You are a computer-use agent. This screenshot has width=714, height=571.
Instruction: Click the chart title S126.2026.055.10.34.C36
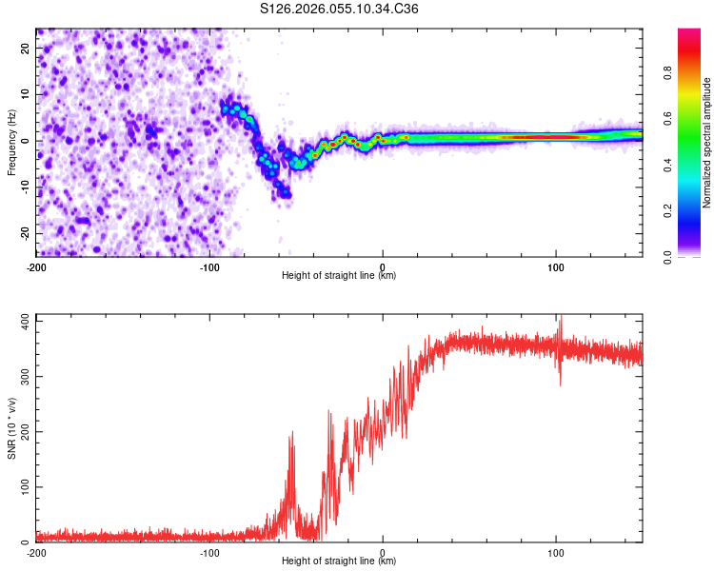coord(340,10)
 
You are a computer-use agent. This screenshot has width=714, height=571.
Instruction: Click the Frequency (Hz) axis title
coord(11,143)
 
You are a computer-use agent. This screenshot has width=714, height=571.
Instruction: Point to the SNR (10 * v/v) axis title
coord(11,427)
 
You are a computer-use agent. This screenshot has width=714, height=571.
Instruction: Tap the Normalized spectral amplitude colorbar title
coord(707,143)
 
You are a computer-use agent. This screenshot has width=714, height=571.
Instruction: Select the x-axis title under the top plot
coord(340,275)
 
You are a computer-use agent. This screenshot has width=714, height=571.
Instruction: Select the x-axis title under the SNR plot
coord(340,561)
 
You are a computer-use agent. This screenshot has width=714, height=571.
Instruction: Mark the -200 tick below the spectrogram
coord(36,266)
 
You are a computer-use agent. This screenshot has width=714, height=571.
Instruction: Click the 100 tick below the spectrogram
coord(556,266)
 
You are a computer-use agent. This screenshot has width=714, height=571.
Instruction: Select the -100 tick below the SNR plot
coord(209,551)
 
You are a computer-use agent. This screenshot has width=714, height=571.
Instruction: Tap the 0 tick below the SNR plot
coord(383,551)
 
